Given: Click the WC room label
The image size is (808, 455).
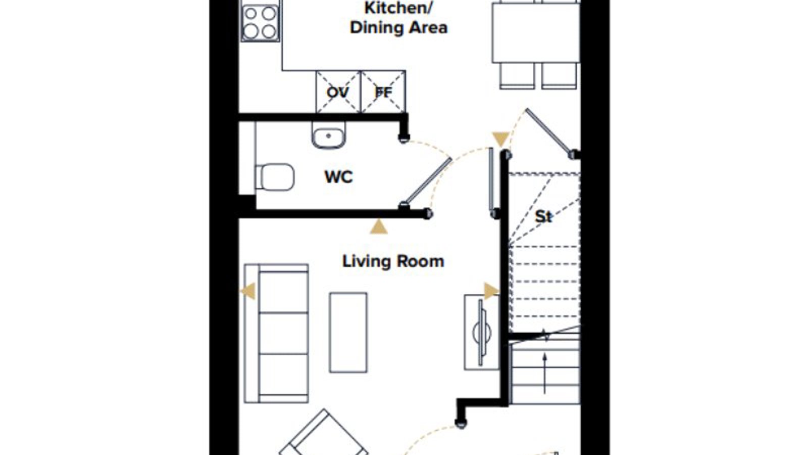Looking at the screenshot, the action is pyautogui.click(x=338, y=177).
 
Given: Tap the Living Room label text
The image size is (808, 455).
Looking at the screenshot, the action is pyautogui.click(x=393, y=261).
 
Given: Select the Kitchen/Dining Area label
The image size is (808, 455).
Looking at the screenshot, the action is pyautogui.click(x=398, y=18).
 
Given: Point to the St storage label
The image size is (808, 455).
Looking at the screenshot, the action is pyautogui.click(x=543, y=217).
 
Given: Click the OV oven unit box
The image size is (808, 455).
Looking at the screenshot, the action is pyautogui.click(x=338, y=92).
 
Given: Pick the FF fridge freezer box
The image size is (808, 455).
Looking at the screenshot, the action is pyautogui.click(x=383, y=92).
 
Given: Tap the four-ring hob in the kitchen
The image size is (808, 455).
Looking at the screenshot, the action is pyautogui.click(x=260, y=23).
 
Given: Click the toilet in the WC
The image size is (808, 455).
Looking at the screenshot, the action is pyautogui.click(x=275, y=177).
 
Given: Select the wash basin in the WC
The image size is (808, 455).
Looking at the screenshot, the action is pyautogui.click(x=328, y=135).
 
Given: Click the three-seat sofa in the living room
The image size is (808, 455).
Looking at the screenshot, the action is pyautogui.click(x=276, y=333).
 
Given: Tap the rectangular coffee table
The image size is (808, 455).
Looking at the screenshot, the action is pyautogui.click(x=348, y=333).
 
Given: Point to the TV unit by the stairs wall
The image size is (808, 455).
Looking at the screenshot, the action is pyautogui.click(x=482, y=332).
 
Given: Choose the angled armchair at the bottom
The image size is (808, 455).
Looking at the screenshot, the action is pyautogui.click(x=324, y=435).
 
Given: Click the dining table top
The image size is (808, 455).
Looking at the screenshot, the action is pyautogui.click(x=536, y=33).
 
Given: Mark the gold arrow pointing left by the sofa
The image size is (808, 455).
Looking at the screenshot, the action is pyautogui.click(x=248, y=291).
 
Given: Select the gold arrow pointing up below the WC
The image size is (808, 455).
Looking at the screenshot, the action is pyautogui.click(x=378, y=227).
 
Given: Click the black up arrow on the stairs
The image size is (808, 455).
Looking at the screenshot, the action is pyautogui.click(x=545, y=374).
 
